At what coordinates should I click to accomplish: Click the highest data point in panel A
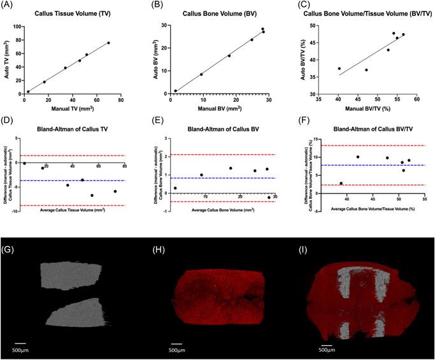pyautogui.click(x=108, y=43)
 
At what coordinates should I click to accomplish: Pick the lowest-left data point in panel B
pyautogui.click(x=176, y=90)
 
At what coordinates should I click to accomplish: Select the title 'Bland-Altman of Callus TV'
pyautogui.click(x=69, y=127)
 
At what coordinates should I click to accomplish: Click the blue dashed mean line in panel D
pyautogui.click(x=70, y=180)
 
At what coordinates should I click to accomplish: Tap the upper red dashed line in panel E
pyautogui.click(x=220, y=154)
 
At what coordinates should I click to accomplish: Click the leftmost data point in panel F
pyautogui.click(x=341, y=183)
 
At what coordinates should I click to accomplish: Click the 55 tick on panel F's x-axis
pyautogui.click(x=424, y=198)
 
